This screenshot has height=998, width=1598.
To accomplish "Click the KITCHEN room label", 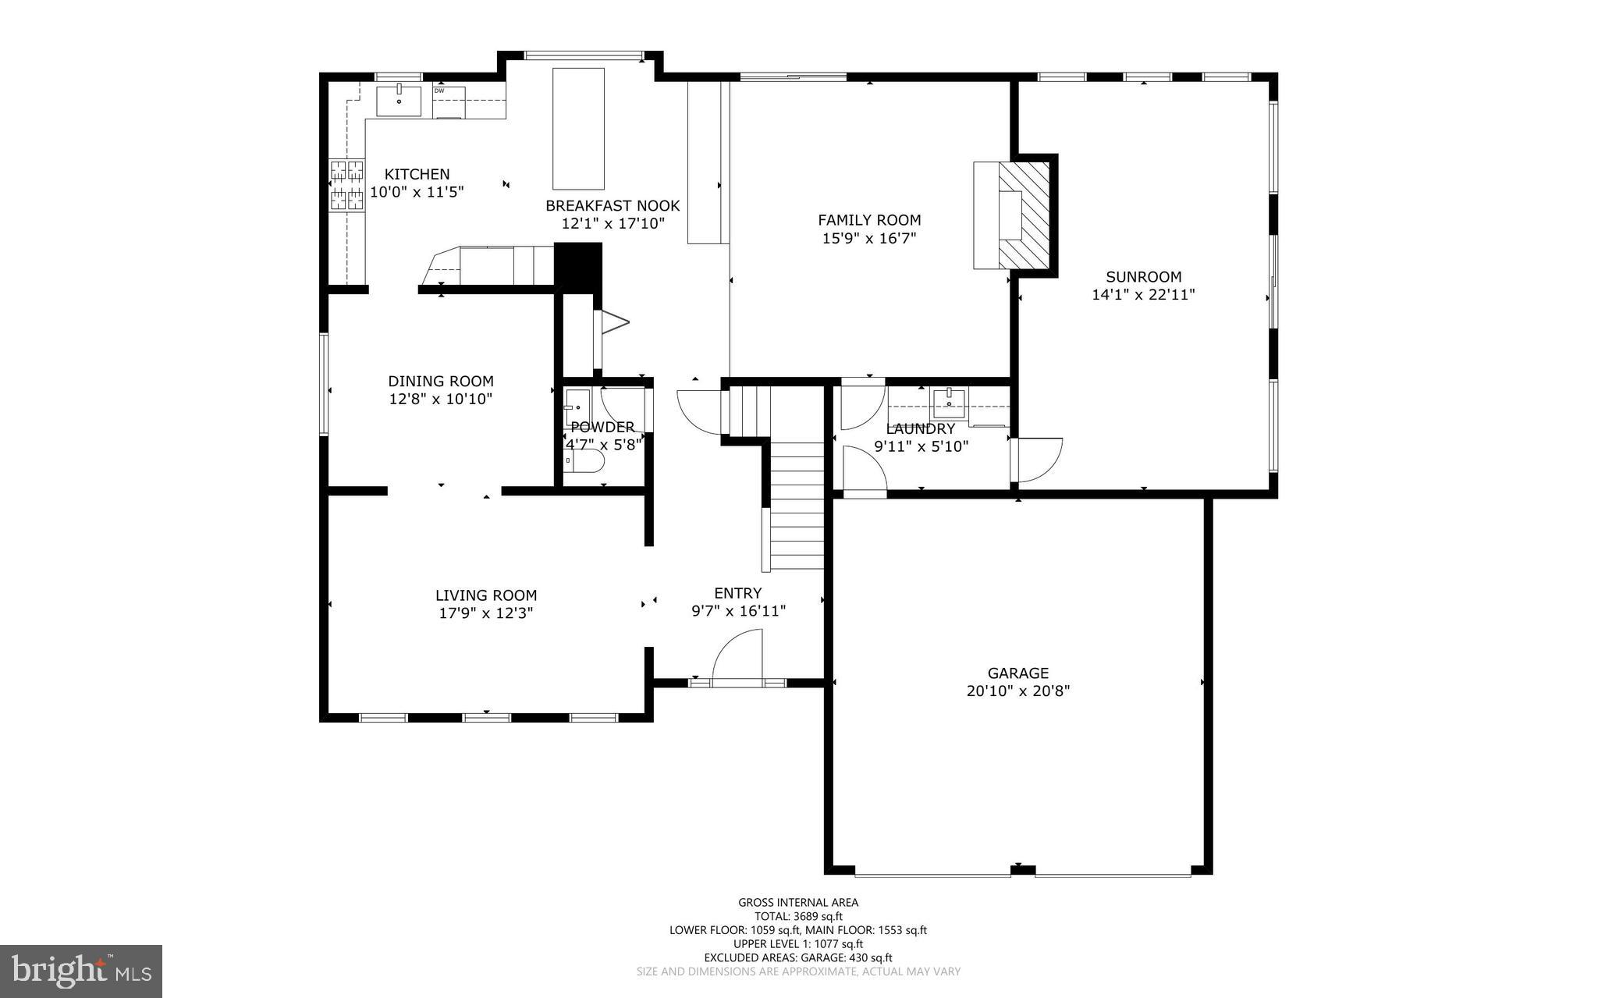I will [417, 175].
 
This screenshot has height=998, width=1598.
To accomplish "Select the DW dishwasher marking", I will [439, 91].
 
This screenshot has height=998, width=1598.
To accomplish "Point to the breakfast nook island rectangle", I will [578, 129].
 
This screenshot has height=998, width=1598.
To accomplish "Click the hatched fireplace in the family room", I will [1024, 215].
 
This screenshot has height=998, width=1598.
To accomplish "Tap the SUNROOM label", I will [1143, 277].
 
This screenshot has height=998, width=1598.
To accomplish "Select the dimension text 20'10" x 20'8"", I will [1017, 691].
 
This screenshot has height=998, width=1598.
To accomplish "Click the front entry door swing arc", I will [736, 657].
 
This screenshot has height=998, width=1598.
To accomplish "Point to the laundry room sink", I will [949, 403].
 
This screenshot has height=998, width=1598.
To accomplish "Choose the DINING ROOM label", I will [441, 382].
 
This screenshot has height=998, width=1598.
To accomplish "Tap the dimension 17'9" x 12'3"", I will [485, 613].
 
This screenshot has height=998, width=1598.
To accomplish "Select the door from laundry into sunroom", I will [1036, 460].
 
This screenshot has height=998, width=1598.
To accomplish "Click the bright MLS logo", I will [81, 970].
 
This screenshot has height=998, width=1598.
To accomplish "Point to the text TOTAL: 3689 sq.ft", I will [798, 917].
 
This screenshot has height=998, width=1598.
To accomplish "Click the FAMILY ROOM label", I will [869, 221].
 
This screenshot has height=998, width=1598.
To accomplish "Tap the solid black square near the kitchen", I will [578, 266].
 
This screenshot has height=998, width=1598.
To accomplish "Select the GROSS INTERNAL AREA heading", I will [798, 903].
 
